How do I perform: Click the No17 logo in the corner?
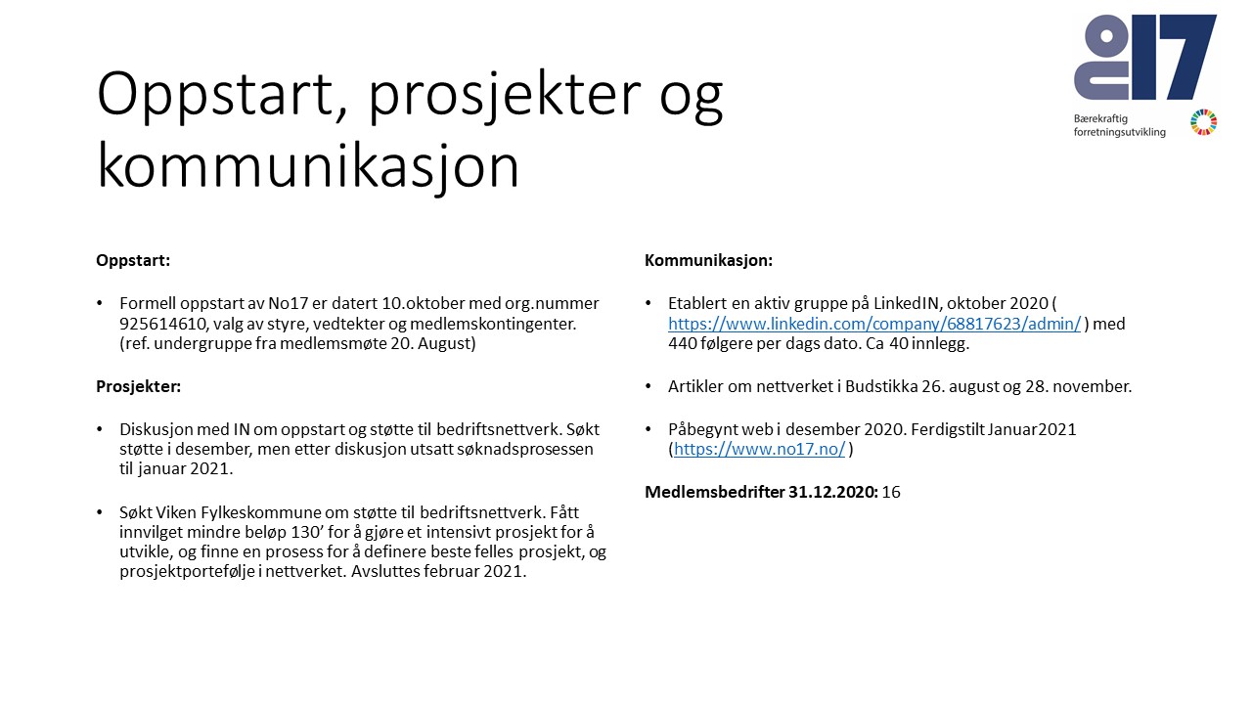1145,58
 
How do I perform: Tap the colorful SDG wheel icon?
1203,123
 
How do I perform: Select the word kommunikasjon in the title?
308,167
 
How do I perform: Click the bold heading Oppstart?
133,261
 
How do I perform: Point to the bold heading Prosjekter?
138,386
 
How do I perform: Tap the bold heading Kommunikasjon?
708,261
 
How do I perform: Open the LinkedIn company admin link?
874,324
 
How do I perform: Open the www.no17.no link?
759,450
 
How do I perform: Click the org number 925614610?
160,324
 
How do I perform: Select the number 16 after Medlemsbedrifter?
891,492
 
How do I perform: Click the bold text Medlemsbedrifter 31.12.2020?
760,492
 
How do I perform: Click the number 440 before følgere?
683,344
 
